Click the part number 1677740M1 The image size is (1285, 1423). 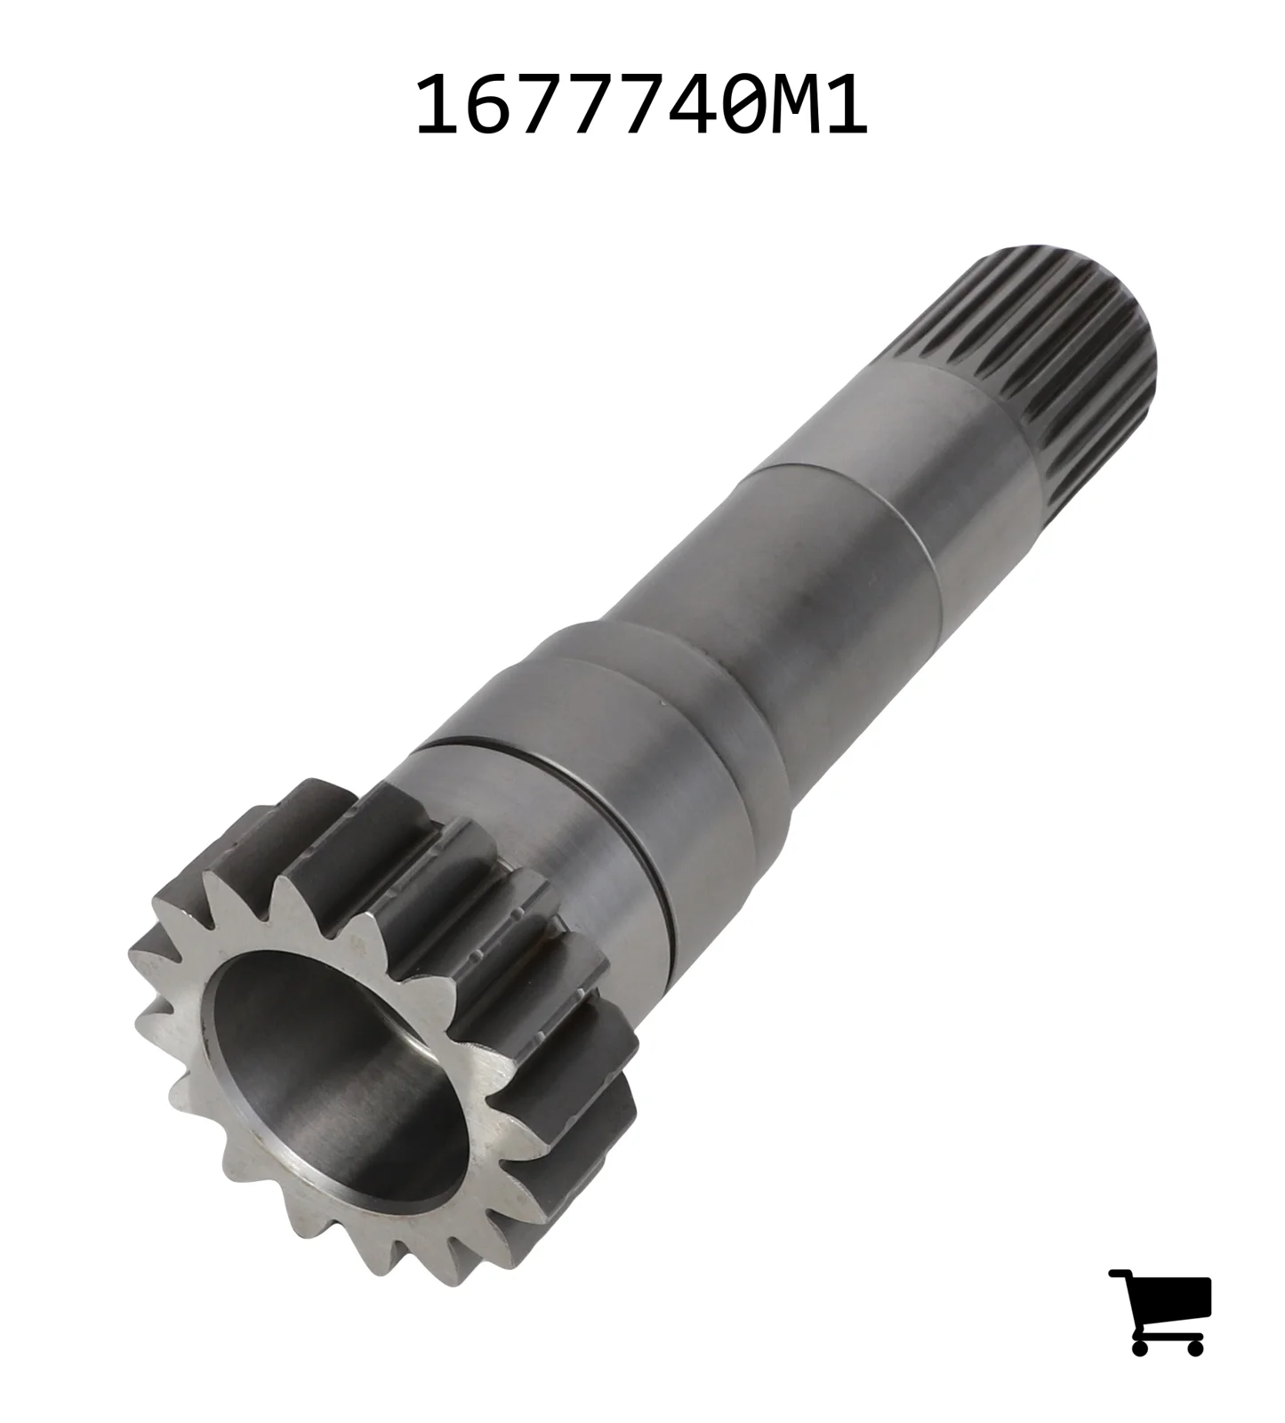point(641,105)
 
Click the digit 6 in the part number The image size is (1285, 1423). point(490,105)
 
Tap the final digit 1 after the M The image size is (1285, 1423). point(843,105)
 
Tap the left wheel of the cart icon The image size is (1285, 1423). point(1141,1345)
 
